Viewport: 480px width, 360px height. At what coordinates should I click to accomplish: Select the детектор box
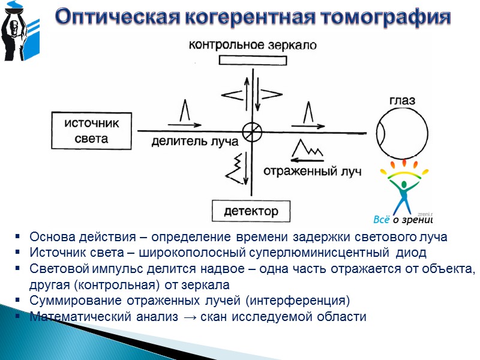251,211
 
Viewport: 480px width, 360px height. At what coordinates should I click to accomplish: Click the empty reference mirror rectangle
251,60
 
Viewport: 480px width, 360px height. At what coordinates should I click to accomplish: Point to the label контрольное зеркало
251,45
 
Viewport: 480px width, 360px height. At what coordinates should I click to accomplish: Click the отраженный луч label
312,171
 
